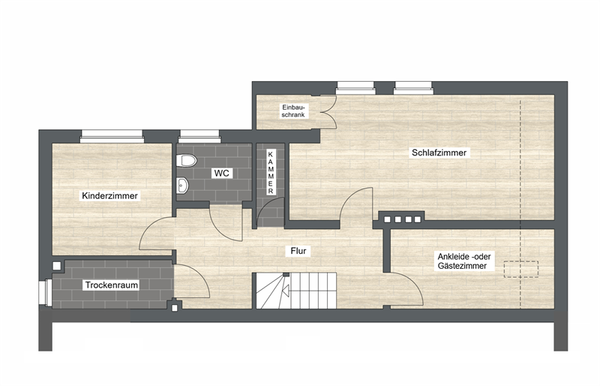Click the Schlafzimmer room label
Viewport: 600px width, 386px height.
(x=439, y=152)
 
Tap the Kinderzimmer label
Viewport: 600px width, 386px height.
(x=109, y=196)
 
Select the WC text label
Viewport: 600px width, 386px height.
(x=221, y=173)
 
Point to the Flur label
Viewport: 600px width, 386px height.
(x=298, y=251)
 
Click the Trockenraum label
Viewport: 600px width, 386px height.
(x=111, y=285)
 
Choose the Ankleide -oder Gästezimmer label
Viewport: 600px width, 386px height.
(x=463, y=261)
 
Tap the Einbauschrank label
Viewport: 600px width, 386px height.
(x=293, y=111)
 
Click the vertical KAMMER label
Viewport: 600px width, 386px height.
(x=271, y=173)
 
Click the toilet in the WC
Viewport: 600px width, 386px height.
(x=186, y=160)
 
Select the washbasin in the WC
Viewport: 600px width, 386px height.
(x=182, y=185)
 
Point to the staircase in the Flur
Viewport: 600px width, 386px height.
(x=294, y=291)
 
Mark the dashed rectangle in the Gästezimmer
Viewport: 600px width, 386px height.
(x=520, y=269)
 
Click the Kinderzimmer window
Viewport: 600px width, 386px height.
(x=111, y=136)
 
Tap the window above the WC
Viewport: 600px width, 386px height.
(x=199, y=136)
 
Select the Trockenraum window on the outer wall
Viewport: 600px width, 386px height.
(x=45, y=292)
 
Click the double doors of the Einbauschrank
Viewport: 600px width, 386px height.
(x=328, y=112)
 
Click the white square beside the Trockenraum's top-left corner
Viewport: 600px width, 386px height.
(x=57, y=266)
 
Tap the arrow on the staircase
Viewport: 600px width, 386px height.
(x=285, y=291)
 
